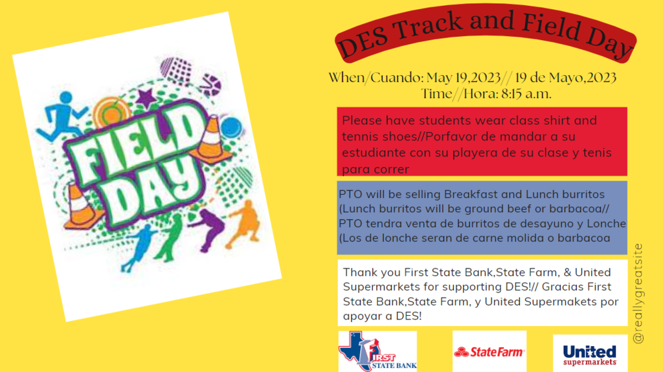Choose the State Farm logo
coord(489,352)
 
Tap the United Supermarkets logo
coord(589,353)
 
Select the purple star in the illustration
coord(146,99)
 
